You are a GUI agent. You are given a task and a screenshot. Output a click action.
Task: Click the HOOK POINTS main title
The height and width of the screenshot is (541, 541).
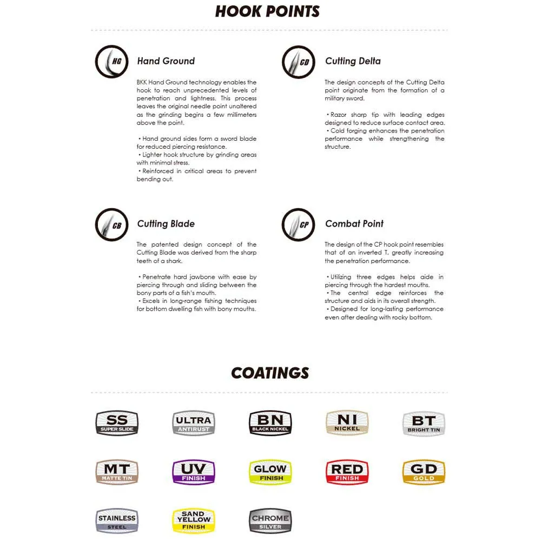pos(267,11)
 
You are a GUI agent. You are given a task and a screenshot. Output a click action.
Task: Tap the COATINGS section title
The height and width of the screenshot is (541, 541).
pos(270,373)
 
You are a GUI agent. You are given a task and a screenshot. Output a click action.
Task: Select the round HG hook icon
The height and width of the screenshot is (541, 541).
pos(111,62)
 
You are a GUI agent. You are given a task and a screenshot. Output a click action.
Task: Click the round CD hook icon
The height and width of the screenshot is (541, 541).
pos(299,62)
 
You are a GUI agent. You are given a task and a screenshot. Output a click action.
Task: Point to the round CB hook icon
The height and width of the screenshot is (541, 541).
pos(111,225)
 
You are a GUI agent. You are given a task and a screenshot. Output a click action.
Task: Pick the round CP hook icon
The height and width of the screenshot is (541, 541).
pos(299,225)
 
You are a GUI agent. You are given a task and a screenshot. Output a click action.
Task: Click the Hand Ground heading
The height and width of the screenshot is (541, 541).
pos(166,61)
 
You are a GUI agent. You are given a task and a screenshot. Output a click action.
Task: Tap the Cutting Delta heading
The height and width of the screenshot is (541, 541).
pos(353,61)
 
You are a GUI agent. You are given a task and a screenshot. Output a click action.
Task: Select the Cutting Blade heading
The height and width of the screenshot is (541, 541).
pos(166,224)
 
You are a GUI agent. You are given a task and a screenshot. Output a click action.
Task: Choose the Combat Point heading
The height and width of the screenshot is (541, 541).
pos(354,224)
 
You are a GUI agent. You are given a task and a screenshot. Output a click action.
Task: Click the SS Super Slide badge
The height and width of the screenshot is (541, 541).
pos(117,423)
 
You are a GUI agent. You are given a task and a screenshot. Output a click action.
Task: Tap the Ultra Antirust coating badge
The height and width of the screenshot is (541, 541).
pos(194,423)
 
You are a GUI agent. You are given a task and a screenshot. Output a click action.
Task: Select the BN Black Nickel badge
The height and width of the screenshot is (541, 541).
pos(270,423)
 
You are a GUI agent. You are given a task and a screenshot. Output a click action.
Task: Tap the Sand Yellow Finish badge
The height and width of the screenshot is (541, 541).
pos(194,521)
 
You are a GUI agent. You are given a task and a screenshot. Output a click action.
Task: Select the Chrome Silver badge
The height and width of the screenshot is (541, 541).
pos(270,521)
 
